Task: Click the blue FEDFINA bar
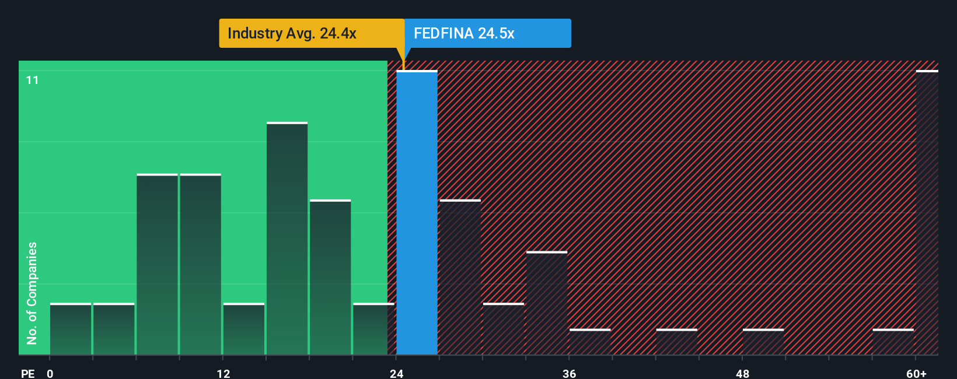tap(417, 213)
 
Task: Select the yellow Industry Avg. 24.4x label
tap(312, 33)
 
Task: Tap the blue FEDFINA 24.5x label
tap(487, 33)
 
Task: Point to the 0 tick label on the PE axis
tap(50, 374)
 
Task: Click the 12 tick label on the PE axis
tap(223, 374)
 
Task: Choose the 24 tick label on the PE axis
tap(396, 374)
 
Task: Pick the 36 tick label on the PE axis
tap(569, 374)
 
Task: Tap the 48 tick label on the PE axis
tap(742, 374)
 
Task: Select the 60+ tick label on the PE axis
tap(916, 374)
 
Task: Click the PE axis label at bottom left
tap(28, 374)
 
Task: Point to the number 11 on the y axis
tap(33, 80)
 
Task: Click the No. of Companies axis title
tap(32, 293)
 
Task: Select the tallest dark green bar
tap(287, 238)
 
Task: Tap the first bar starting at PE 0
tap(71, 329)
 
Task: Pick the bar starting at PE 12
tap(244, 329)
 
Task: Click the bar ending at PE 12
tap(200, 264)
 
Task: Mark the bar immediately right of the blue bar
tap(460, 277)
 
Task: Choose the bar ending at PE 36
tap(547, 303)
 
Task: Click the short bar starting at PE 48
tap(763, 342)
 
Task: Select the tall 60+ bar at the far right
tap(927, 213)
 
